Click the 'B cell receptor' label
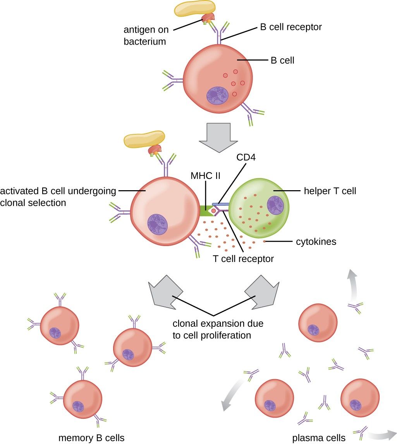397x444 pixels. click(290, 28)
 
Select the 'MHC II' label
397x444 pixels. click(205, 176)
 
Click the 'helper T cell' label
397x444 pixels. click(330, 191)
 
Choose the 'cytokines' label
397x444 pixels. click(316, 242)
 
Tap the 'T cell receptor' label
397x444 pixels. click(243, 258)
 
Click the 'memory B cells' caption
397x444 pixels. click(91, 438)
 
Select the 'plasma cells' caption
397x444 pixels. click(318, 438)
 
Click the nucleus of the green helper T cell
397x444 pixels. click(275, 205)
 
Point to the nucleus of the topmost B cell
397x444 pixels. click(218, 96)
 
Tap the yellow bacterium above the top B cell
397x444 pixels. click(194, 9)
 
